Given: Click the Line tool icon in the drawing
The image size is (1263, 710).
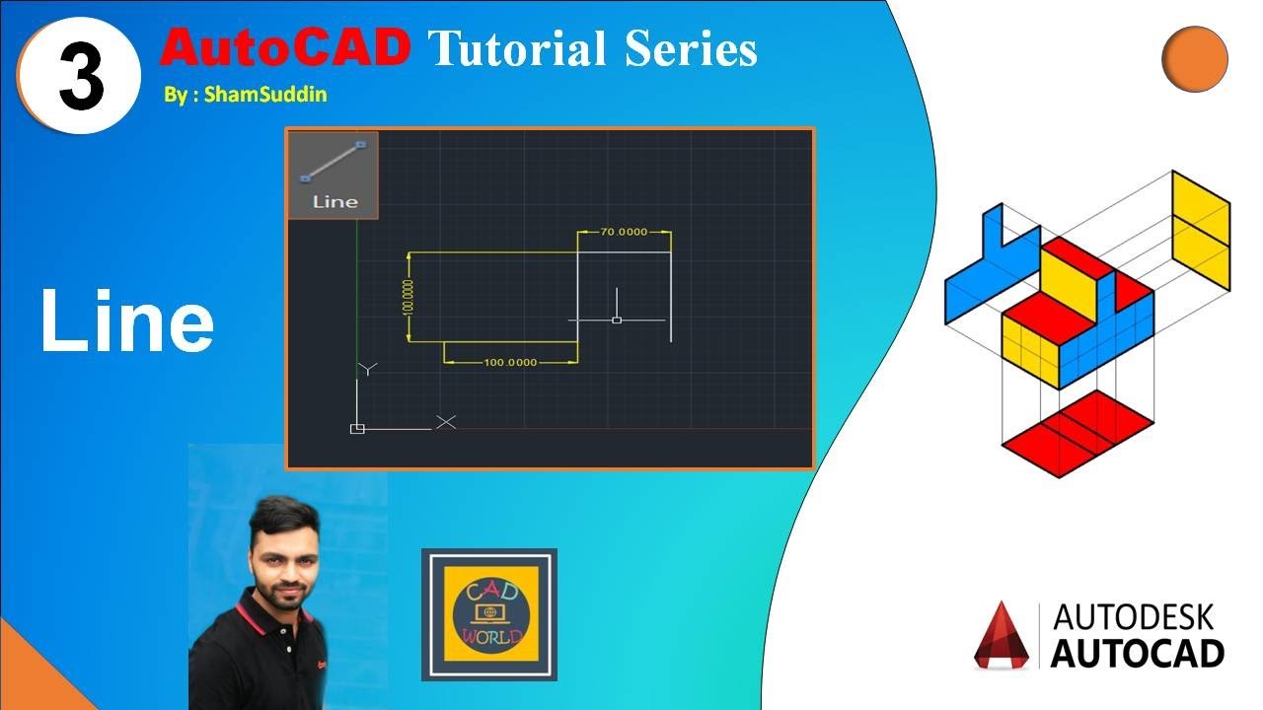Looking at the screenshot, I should click(x=334, y=175).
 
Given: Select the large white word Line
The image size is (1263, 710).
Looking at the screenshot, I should click(x=126, y=322).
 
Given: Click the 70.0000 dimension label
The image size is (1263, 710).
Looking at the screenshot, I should click(x=624, y=232).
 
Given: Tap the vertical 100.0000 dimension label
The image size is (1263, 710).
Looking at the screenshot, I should click(x=408, y=296).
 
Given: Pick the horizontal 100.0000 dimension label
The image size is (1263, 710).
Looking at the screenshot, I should click(x=510, y=362).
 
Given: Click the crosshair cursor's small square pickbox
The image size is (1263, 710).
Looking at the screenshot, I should click(x=617, y=319).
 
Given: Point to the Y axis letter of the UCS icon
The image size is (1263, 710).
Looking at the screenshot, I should click(x=367, y=369).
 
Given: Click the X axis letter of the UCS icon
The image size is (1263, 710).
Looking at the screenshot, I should click(x=446, y=422).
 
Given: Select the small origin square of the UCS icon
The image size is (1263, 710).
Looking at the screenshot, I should click(x=357, y=428).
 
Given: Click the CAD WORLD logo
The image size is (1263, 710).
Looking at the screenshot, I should click(x=489, y=614).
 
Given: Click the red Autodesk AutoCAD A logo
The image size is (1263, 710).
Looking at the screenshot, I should click(x=1002, y=636).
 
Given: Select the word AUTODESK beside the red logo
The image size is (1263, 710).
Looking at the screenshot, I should click(x=1135, y=618).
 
